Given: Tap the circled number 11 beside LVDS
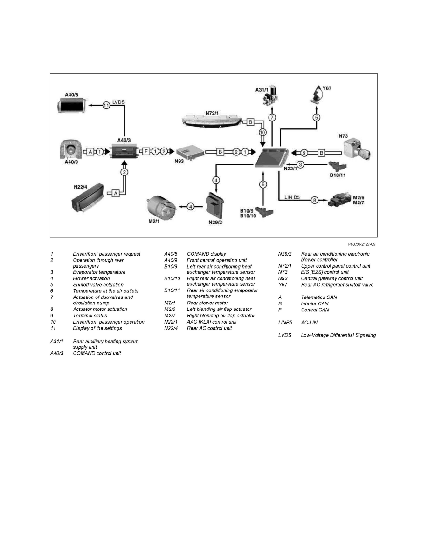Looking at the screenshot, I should pyautogui.click(x=106, y=106).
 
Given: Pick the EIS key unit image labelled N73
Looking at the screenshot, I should pyautogui.click(x=357, y=150).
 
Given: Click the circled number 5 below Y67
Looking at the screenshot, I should pyautogui.click(x=316, y=117).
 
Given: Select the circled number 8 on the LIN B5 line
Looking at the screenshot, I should pyautogui.click(x=315, y=200).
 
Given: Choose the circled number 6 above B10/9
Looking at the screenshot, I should pyautogui.click(x=263, y=184).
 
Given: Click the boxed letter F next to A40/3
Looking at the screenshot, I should pyautogui.click(x=145, y=152).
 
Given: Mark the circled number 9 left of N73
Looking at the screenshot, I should pyautogui.click(x=304, y=152).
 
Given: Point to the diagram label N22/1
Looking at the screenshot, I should pyautogui.click(x=290, y=169).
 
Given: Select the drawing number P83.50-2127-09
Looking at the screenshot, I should pyautogui.click(x=361, y=243).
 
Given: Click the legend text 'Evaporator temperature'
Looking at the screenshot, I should pyautogui.click(x=99, y=272).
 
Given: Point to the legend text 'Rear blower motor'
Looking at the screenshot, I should pyautogui.click(x=207, y=303).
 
